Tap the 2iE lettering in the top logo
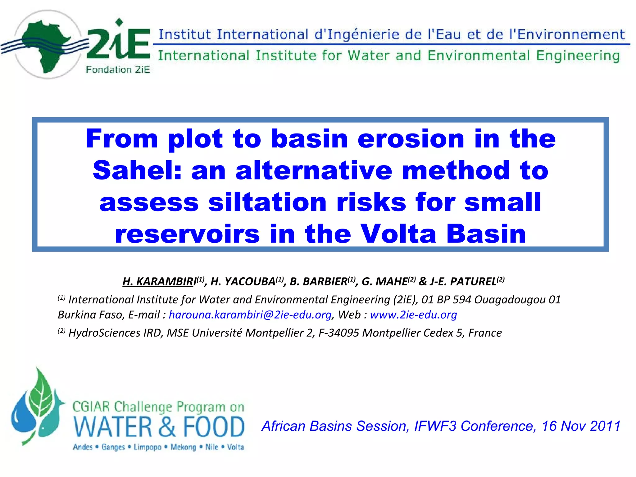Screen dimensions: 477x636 (118, 43)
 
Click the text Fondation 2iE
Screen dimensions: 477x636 (118, 70)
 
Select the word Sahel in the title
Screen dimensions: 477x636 (137, 170)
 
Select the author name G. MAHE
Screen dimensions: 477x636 (385, 281)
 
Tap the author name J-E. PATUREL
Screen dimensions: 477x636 (463, 281)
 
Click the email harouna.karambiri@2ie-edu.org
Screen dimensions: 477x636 (250, 315)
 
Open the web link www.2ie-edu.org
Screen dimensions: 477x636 (413, 315)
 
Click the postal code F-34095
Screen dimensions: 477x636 (338, 333)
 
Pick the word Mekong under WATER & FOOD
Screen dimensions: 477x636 (183, 447)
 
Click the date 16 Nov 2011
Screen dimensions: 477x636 (581, 426)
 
